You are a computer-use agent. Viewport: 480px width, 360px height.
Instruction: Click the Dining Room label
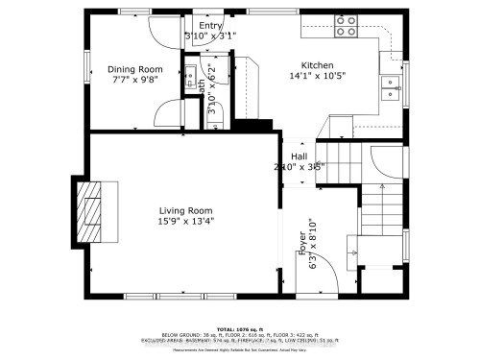click(x=134, y=69)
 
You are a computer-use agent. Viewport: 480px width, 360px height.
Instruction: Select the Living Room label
click(x=186, y=210)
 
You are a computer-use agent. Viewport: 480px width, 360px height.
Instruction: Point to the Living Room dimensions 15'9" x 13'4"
click(x=186, y=222)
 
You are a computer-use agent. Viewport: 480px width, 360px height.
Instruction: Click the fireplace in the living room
click(x=93, y=212)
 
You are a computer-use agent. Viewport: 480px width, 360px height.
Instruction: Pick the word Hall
click(x=299, y=156)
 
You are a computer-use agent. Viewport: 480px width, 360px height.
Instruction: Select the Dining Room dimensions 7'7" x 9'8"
click(x=134, y=81)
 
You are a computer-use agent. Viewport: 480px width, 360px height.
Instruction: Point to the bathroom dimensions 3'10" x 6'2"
click(x=212, y=96)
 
